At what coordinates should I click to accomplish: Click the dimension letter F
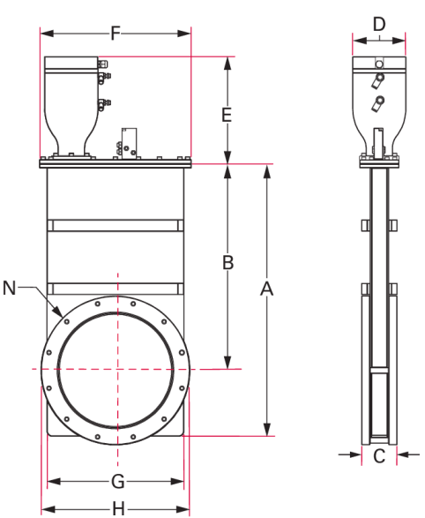(x=115, y=34)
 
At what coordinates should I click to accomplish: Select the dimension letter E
(x=227, y=116)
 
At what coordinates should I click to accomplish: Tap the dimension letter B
(x=227, y=263)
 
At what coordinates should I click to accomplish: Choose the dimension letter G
(x=118, y=481)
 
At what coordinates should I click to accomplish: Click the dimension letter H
(x=118, y=508)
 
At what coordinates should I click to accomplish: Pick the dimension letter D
(x=379, y=24)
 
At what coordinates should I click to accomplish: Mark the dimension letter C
(x=379, y=456)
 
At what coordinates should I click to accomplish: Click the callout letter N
(x=9, y=288)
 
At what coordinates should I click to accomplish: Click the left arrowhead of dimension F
(x=47, y=34)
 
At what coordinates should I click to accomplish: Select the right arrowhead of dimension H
(x=183, y=509)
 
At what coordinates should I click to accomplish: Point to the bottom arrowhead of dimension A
(x=267, y=429)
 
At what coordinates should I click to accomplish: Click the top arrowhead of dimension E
(x=227, y=64)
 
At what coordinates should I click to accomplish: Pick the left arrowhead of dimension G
(x=54, y=481)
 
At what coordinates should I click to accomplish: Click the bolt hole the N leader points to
(x=67, y=321)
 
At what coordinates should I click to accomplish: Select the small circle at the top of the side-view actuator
(x=379, y=64)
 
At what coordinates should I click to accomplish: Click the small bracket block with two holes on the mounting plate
(x=129, y=144)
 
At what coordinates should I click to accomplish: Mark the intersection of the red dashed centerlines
(x=118, y=369)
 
